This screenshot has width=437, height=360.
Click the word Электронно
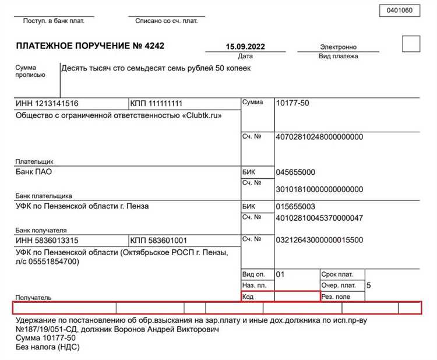338,47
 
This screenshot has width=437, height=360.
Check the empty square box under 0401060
411,44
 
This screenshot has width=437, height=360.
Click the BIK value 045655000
295,172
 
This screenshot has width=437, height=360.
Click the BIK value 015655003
295,207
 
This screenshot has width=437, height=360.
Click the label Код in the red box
248,297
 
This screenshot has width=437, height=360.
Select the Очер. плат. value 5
368,285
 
